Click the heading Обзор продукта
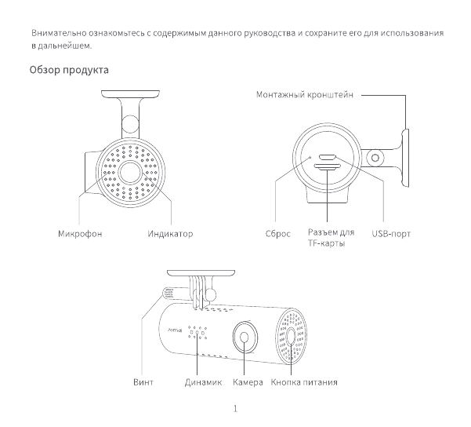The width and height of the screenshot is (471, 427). coord(69,71)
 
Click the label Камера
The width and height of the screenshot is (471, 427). coord(248,382)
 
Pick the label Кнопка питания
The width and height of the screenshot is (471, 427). coord(304,382)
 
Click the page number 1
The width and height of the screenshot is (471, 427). coord(235,408)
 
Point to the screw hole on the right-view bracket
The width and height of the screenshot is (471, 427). coord(375,158)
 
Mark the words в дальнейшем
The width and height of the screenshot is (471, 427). coord(60,46)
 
